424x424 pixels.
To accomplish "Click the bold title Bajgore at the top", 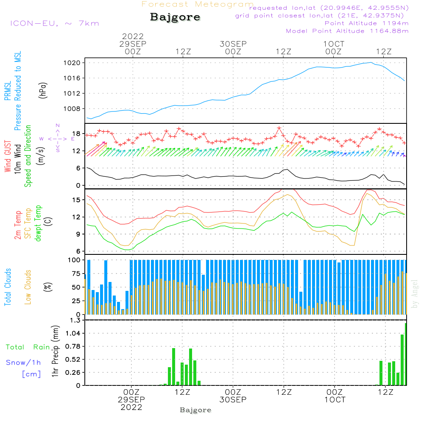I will tap(175, 17).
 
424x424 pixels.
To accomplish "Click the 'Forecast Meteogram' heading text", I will tap(198, 4).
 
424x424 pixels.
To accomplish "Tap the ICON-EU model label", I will tap(54, 23).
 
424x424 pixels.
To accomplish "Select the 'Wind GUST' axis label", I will tap(8, 157).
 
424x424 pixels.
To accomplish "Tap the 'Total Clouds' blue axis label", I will tap(8, 287).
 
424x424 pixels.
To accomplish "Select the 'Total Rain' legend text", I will tap(28, 347).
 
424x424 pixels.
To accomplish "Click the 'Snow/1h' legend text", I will tap(24, 363).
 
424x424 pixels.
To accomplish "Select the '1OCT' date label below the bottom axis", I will tap(335, 400).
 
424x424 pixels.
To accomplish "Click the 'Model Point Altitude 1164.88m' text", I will tap(347, 31).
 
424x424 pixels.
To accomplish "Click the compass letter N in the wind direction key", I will tap(58, 126).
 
